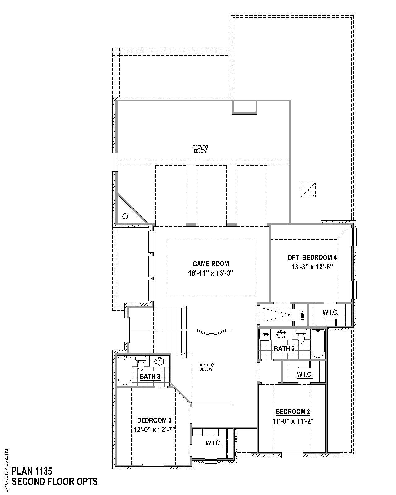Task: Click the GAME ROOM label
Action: (211, 264)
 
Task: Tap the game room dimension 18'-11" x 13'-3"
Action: (211, 273)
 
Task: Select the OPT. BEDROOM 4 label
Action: (312, 257)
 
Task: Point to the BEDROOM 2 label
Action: (293, 412)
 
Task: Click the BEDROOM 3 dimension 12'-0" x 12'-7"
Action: (154, 430)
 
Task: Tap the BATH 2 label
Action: (284, 349)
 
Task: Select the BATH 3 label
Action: (150, 377)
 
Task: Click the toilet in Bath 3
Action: (141, 363)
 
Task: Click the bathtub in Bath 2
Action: (318, 343)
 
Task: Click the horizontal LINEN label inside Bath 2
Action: (265, 334)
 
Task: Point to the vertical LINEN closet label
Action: (303, 315)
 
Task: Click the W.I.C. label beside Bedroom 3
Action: (213, 443)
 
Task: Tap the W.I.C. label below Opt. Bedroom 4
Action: (330, 312)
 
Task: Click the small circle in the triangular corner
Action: (125, 216)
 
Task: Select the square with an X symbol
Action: (308, 190)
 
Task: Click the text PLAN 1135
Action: (32, 471)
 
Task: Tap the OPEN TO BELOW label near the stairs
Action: (206, 367)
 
